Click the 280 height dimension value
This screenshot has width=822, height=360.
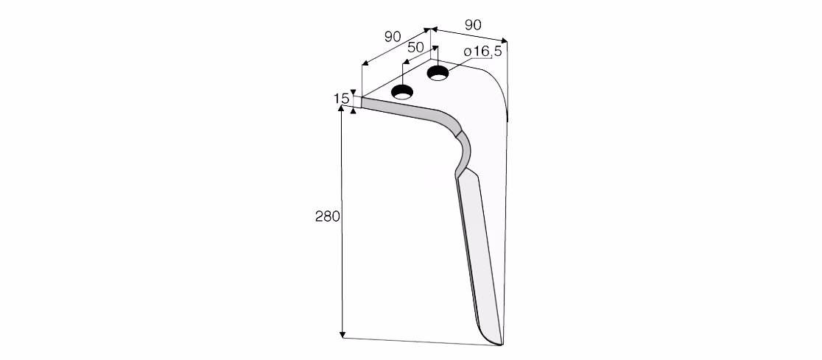tap(328, 216)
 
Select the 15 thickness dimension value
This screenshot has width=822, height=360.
tap(341, 99)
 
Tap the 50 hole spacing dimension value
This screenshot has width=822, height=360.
tap(415, 47)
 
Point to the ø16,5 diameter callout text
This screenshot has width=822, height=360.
tap(483, 52)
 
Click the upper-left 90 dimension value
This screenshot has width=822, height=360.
tap(393, 37)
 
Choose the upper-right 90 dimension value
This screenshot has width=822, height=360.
tap(473, 24)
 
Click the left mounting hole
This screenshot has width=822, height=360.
tap(403, 92)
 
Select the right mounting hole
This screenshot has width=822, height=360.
tap(438, 74)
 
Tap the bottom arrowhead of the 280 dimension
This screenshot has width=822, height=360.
tap(342, 334)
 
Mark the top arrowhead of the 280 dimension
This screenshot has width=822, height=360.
tap(342, 108)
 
